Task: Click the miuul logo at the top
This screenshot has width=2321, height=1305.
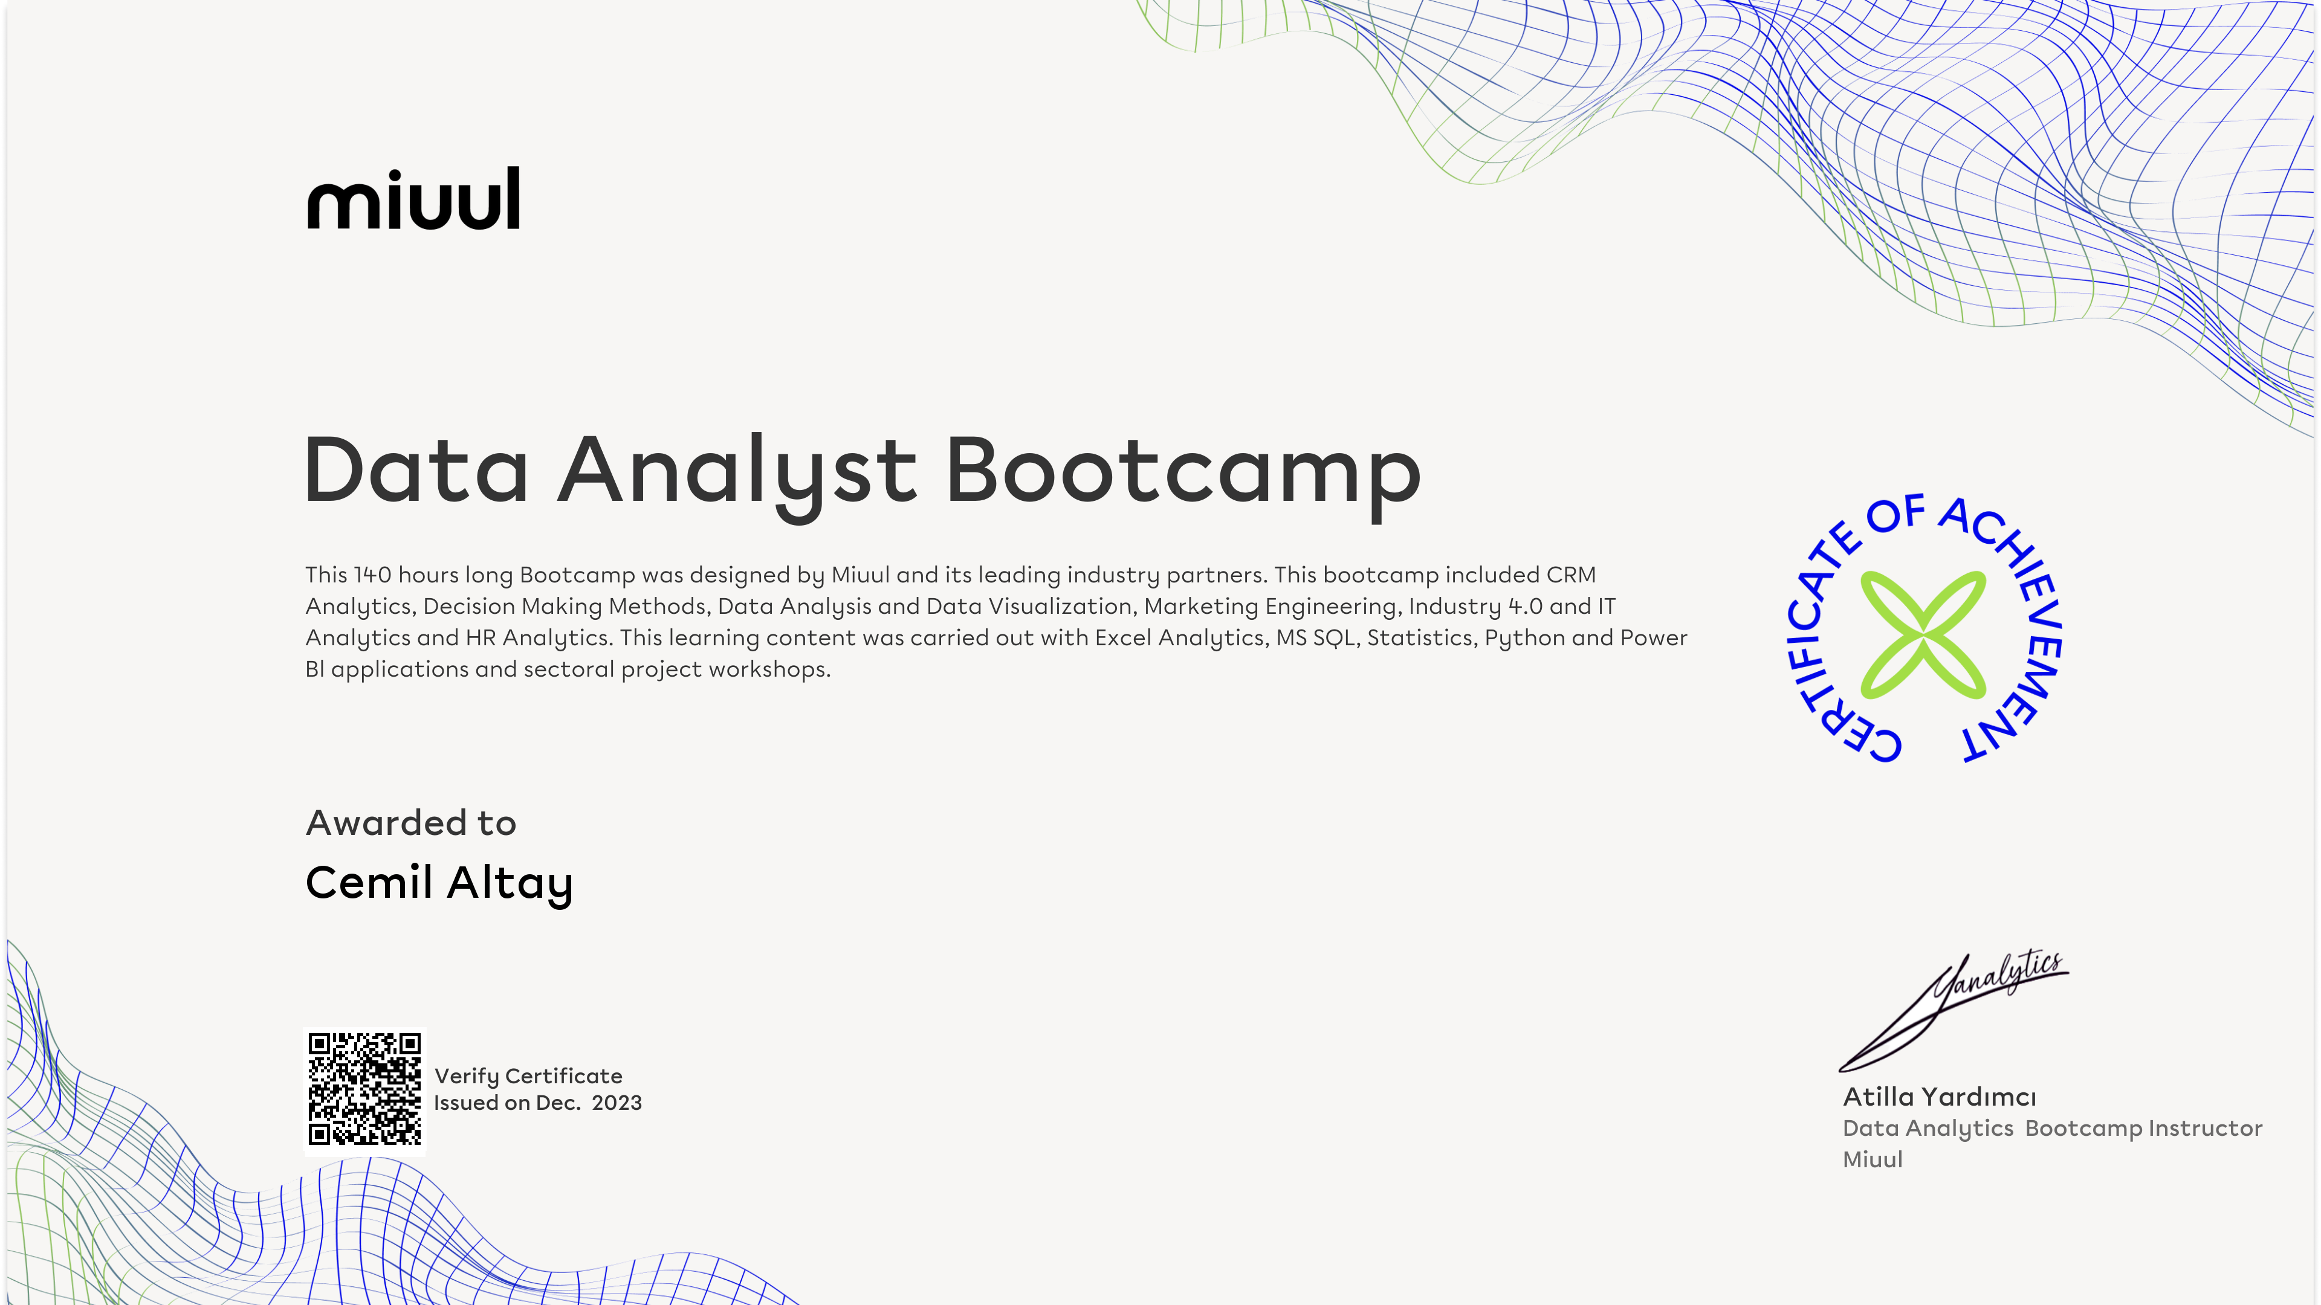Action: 413,198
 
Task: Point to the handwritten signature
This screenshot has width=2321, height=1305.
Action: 1954,1011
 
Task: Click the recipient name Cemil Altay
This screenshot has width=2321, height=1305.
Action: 439,883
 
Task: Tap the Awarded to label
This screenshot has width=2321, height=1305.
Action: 411,823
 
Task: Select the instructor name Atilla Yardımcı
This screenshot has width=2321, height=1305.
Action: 1940,1097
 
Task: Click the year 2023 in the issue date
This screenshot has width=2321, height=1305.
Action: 617,1103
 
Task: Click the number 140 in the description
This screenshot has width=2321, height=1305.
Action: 372,575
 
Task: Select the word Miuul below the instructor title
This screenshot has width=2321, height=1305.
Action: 1873,1160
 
